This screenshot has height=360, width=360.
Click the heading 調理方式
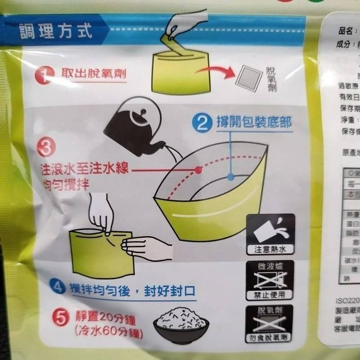pos(56,31)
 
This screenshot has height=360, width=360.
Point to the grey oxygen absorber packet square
pos(250,80)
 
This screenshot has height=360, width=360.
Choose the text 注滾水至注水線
pos(83,169)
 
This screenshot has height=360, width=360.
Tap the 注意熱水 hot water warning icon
pos(270,234)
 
